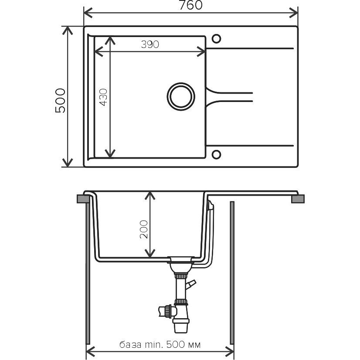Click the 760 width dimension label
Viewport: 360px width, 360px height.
click(x=190, y=5)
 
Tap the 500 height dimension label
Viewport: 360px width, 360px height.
click(x=60, y=100)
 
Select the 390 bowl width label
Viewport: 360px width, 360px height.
click(x=150, y=44)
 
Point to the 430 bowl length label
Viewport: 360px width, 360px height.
click(x=103, y=97)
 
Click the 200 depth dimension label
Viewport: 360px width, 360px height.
click(x=144, y=229)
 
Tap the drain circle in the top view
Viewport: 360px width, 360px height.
click(x=181, y=96)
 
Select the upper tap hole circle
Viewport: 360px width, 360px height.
click(x=216, y=38)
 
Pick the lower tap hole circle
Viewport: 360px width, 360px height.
click(x=216, y=155)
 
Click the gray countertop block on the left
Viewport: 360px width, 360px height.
click(x=83, y=199)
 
